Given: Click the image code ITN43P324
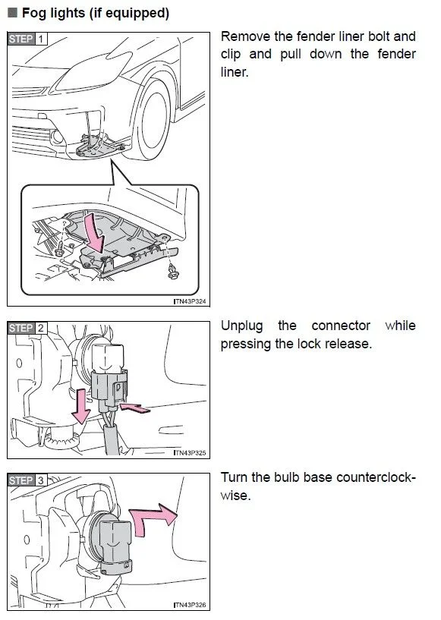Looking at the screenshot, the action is click(190, 301).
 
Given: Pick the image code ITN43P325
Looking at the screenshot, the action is click(190, 453).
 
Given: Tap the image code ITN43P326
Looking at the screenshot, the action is click(190, 605).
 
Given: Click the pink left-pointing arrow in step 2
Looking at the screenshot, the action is click(135, 408).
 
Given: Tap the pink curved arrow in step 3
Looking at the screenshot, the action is click(153, 518).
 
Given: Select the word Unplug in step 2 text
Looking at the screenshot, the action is click(241, 326).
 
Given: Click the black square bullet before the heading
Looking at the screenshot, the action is click(13, 13).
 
